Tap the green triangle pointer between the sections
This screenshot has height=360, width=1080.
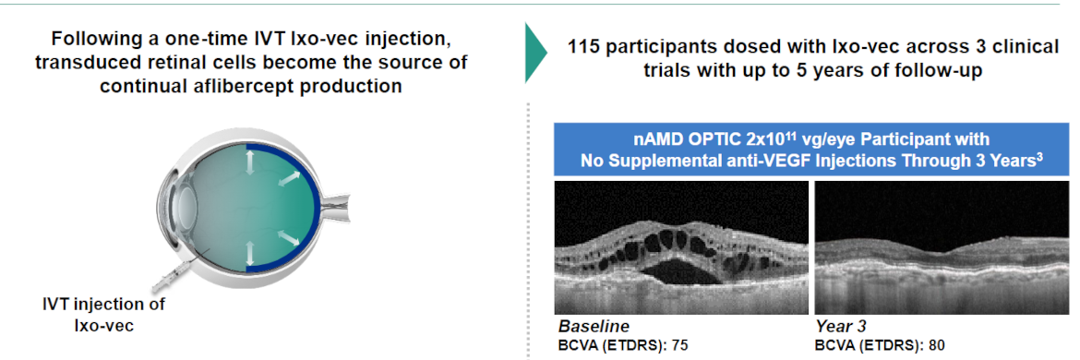coord(536,52)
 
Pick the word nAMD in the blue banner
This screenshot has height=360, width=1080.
coord(652,140)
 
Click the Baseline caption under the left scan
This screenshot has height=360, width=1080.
coord(594,326)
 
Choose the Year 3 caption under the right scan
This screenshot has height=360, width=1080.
coord(841,326)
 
